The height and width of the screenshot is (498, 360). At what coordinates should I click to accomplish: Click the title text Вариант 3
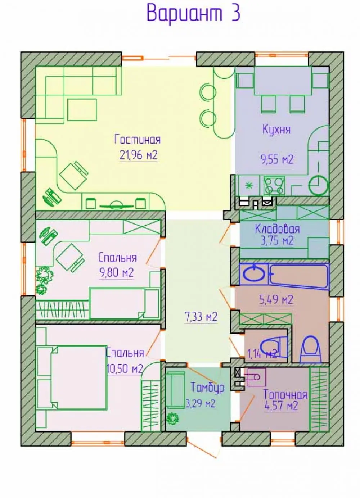tap(193, 13)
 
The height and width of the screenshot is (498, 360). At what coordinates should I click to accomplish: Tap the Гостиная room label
tap(138, 140)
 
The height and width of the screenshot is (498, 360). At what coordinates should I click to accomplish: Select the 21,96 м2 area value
tap(138, 155)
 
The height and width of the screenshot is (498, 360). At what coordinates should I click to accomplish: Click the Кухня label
tap(276, 129)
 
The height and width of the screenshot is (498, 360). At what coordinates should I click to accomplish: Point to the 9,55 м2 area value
tap(277, 159)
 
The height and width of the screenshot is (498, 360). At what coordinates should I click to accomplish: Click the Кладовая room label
tap(277, 229)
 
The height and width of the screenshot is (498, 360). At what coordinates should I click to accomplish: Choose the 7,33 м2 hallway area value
tap(201, 317)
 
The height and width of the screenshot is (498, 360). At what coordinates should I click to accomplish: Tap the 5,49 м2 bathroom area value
tap(276, 300)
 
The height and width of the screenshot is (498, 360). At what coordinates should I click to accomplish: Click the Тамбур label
tap(207, 388)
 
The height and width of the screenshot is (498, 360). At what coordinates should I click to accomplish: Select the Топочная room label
tap(285, 395)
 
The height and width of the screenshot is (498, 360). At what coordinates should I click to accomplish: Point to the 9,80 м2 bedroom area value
tap(116, 272)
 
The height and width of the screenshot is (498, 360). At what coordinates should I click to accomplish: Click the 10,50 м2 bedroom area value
tap(125, 370)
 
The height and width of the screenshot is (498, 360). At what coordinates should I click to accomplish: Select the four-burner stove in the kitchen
tap(274, 186)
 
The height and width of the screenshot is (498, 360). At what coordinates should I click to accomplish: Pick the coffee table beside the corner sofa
tap(82, 110)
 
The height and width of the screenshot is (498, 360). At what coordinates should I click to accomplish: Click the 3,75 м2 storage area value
tap(277, 241)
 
